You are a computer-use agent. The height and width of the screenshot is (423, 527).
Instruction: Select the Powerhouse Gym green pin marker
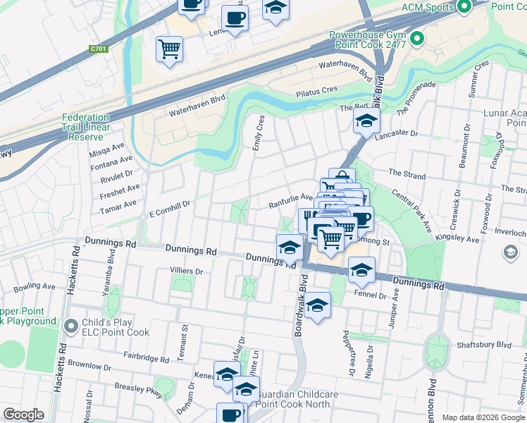[x=416, y=39]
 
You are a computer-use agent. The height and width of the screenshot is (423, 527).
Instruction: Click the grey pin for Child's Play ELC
[x=70, y=326]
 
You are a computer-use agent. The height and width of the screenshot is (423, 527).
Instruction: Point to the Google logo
[x=23, y=415]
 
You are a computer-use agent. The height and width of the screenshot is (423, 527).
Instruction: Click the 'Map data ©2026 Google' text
[x=483, y=417]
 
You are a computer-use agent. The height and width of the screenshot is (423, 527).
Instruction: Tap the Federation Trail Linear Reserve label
[x=85, y=127]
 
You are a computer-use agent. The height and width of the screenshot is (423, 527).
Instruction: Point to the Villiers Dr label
[x=186, y=271]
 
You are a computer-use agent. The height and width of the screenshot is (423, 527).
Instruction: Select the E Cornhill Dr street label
[x=169, y=204]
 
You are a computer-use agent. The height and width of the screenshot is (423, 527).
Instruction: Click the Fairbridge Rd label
[x=144, y=357]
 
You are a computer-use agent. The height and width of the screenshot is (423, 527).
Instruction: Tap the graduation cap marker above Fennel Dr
[x=361, y=270]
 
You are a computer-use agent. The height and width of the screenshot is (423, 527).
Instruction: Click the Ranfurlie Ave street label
[x=290, y=201]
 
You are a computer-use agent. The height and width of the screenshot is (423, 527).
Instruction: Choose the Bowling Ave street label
[x=35, y=287]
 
